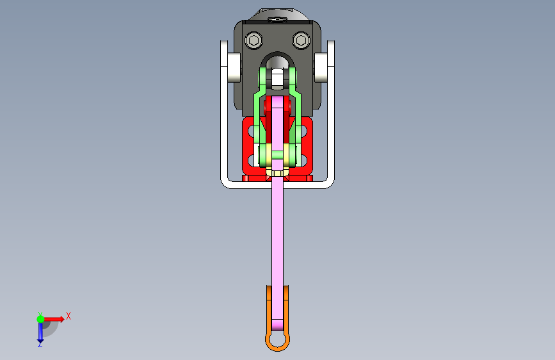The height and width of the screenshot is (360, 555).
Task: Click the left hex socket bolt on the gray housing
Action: click(253, 41)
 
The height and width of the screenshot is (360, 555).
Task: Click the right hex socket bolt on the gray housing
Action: click(301, 41)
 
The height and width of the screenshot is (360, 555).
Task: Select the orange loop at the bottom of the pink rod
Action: click(278, 341)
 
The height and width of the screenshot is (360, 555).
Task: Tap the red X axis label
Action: click(68, 316)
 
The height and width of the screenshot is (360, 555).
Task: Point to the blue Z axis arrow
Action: click(40, 332)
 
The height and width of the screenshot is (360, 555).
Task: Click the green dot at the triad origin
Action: click(40, 319)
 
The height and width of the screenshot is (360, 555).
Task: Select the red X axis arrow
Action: click(54, 319)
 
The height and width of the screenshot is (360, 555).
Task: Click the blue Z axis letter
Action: click(40, 344)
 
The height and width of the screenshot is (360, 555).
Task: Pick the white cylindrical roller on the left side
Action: click(234, 67)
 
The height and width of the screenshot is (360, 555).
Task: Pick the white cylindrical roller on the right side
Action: click(321, 67)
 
